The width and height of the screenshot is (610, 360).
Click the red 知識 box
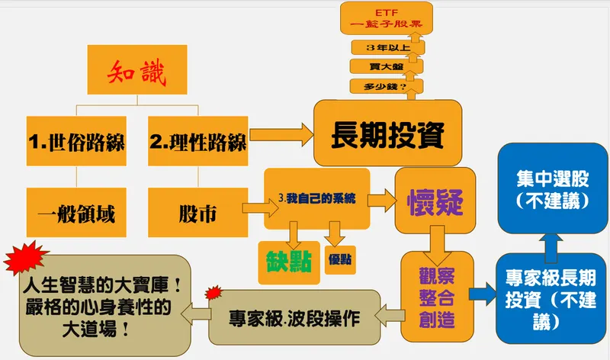(137, 69)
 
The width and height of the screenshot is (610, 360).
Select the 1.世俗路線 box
(76, 141)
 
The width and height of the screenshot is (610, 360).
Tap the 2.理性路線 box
(198, 141)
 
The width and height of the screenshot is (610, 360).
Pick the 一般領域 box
(76, 213)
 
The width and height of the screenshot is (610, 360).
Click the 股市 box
(198, 213)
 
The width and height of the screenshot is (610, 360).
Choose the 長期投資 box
(388, 133)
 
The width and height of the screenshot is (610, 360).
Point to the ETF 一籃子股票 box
(387, 18)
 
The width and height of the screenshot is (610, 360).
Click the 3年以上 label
(388, 48)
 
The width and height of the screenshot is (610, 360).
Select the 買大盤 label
(387, 67)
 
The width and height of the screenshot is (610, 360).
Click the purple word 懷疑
(435, 202)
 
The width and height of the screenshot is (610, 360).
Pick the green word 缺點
(289, 261)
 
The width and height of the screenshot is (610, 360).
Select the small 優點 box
(340, 259)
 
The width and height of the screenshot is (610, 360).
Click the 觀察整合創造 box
(437, 297)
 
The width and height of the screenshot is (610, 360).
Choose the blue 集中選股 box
(553, 188)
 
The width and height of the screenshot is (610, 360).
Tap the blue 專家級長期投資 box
(551, 298)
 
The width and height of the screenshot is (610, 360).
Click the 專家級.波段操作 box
(294, 317)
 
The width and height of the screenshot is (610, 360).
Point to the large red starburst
(26, 257)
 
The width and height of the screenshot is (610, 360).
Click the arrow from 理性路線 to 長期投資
(281, 135)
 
